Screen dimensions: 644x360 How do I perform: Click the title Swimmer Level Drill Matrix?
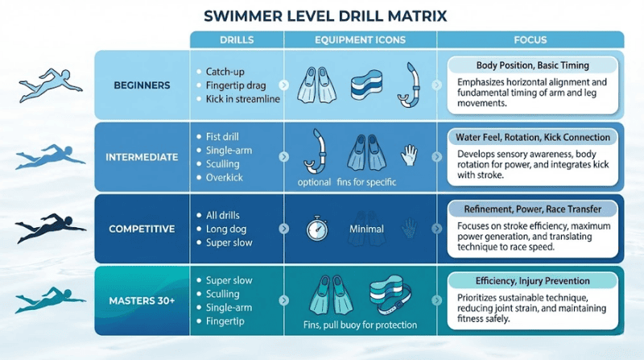(325, 16)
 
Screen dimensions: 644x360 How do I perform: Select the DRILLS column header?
(237, 39)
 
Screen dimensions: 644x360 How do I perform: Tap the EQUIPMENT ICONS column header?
(360, 39)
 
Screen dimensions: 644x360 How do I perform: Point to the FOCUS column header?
(530, 39)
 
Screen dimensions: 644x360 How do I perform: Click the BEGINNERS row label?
(142, 85)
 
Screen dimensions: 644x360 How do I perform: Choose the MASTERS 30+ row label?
(142, 301)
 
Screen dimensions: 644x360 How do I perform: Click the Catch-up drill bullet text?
(225, 72)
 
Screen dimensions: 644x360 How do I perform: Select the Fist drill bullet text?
(222, 136)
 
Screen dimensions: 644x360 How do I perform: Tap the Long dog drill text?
(226, 229)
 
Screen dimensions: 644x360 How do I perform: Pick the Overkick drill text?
(225, 177)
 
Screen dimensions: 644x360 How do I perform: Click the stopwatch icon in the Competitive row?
(317, 228)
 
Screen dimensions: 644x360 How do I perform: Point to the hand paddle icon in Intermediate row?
(409, 155)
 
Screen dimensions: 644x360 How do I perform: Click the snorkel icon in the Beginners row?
(409, 85)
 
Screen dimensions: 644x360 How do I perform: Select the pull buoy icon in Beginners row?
(366, 85)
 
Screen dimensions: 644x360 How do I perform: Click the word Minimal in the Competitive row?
(366, 229)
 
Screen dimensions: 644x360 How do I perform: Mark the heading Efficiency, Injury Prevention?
(532, 281)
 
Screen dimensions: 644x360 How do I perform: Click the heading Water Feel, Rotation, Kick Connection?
(533, 137)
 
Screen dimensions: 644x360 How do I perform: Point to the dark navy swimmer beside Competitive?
(50, 227)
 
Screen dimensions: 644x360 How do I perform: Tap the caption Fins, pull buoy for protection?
(360, 325)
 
